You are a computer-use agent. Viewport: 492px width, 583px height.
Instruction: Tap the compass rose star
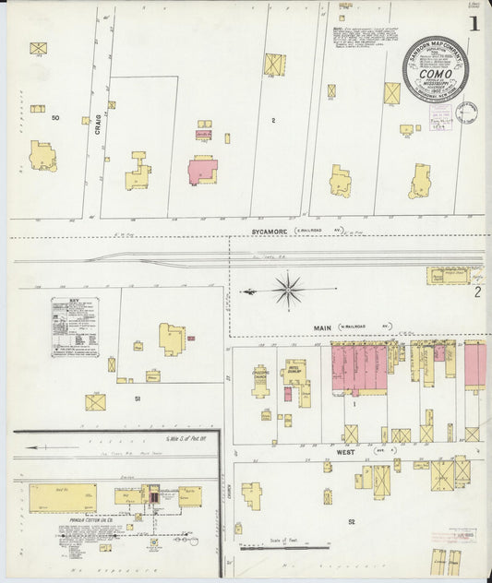tap(288, 291)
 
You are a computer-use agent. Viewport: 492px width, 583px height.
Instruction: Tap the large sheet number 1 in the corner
tap(473, 24)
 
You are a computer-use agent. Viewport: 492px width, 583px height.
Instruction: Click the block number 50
tap(55, 118)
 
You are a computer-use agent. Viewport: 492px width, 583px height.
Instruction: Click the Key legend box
tap(75, 327)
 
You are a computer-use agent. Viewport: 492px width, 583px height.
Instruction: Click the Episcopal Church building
tap(261, 381)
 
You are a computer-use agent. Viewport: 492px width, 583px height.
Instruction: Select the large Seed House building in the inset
tap(62, 497)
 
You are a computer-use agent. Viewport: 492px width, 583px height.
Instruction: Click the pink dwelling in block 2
tap(202, 171)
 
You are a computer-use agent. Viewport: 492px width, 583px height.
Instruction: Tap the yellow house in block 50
tap(42, 157)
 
